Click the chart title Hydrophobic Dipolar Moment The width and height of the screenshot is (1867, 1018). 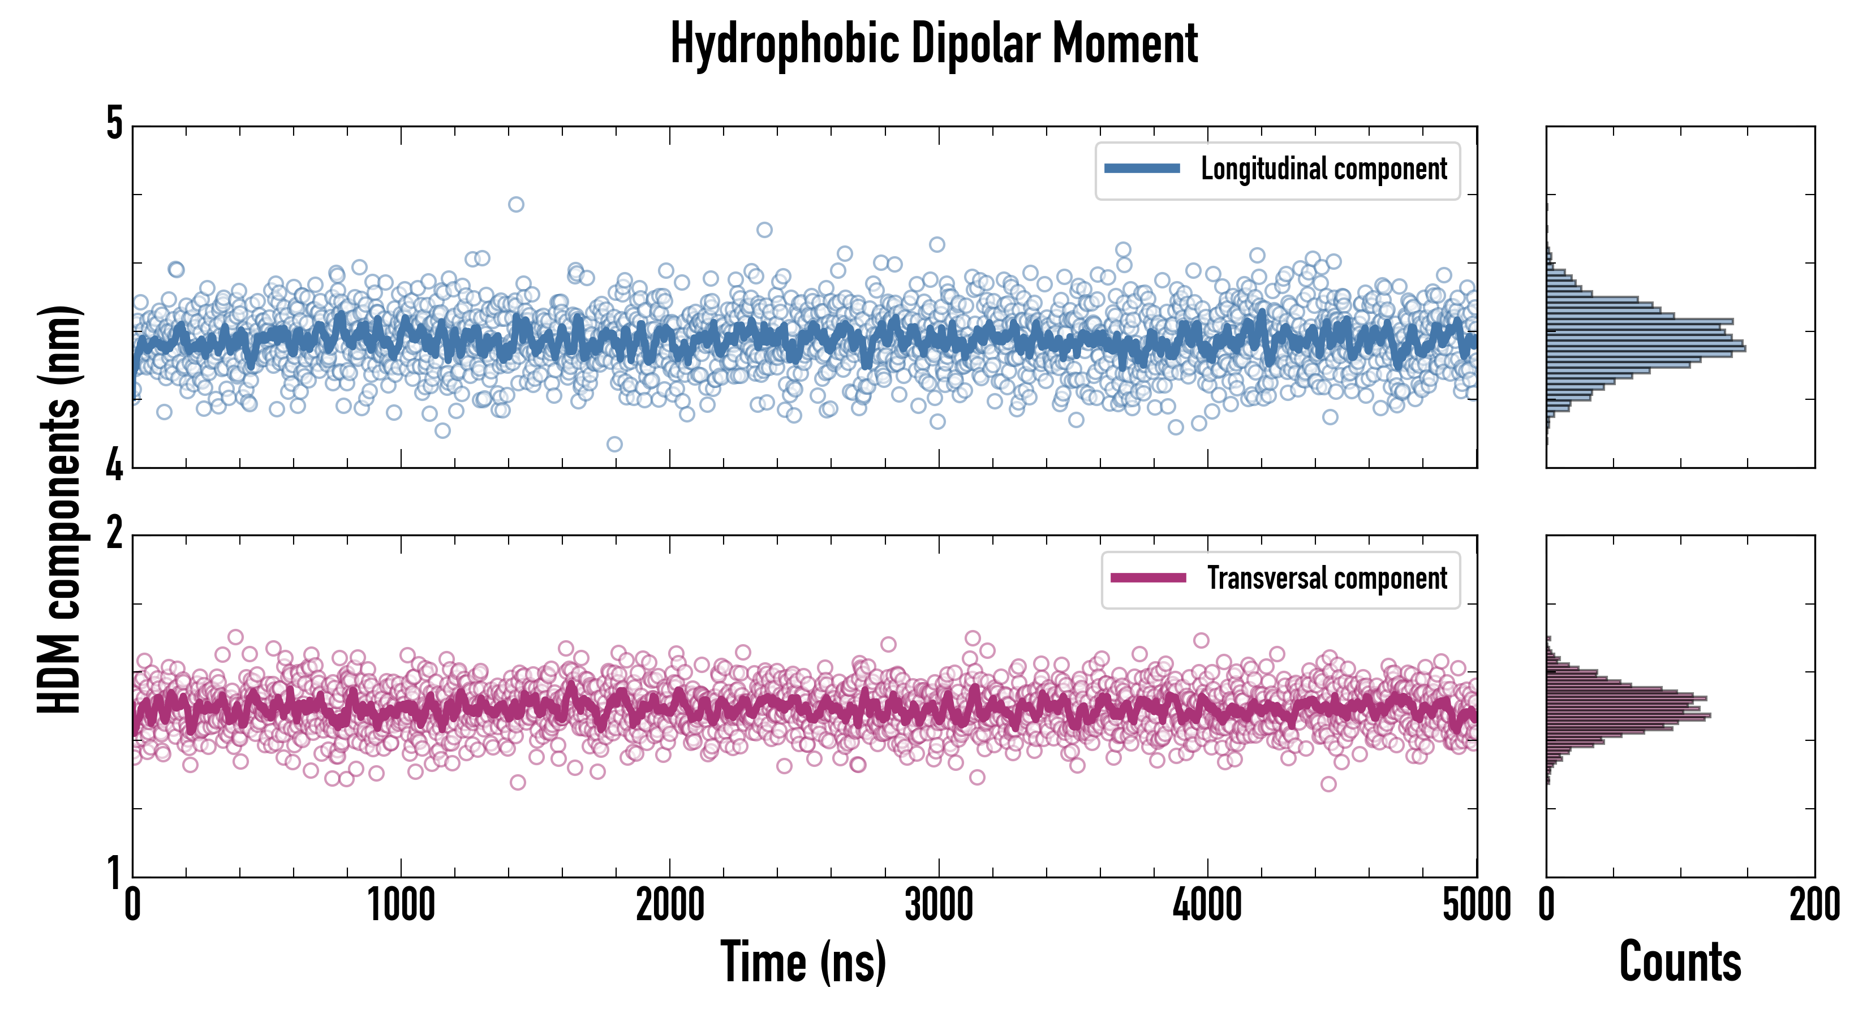click(934, 44)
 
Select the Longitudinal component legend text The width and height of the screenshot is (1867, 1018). click(1323, 169)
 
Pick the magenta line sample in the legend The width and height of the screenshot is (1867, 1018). click(1148, 578)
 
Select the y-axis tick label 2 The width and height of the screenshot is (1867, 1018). click(114, 534)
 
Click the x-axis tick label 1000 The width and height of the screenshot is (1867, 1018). click(401, 905)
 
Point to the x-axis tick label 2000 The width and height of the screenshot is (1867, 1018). click(670, 905)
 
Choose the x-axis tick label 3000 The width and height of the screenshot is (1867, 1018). click(939, 905)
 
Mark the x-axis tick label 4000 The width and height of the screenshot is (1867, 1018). click(1207, 905)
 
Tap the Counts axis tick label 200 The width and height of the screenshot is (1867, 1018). click(1814, 905)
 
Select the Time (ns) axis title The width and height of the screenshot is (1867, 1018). click(803, 962)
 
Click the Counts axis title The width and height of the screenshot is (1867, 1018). click(1680, 962)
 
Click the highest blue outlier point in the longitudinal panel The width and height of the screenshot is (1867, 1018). click(516, 204)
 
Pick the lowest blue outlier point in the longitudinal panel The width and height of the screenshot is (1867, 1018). click(614, 444)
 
